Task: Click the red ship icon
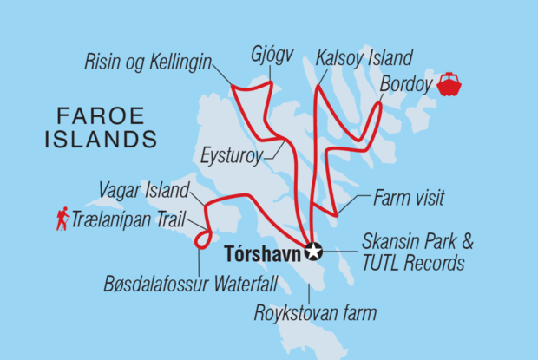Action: click(x=449, y=85)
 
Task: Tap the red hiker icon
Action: click(x=62, y=220)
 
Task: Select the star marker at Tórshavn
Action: click(x=312, y=252)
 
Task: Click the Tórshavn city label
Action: click(x=261, y=254)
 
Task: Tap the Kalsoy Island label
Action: click(x=363, y=57)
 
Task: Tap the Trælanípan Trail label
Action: click(x=129, y=220)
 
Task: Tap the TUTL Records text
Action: click(x=415, y=264)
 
